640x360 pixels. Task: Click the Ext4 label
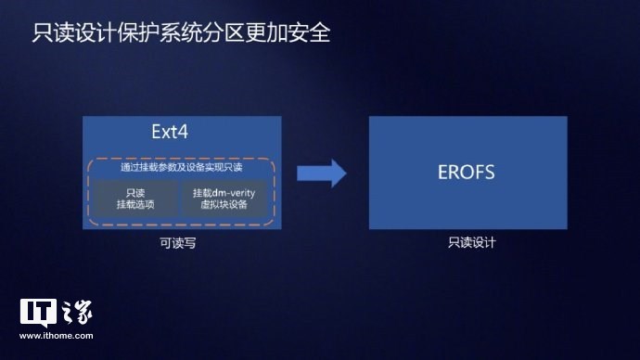[170, 132]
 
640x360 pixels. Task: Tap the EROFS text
[467, 174]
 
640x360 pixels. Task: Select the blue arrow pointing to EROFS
[321, 174]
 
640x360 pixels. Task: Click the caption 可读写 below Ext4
[177, 243]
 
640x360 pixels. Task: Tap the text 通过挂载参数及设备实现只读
[182, 169]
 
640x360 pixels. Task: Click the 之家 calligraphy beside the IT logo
[77, 313]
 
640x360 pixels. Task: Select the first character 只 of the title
[42, 34]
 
